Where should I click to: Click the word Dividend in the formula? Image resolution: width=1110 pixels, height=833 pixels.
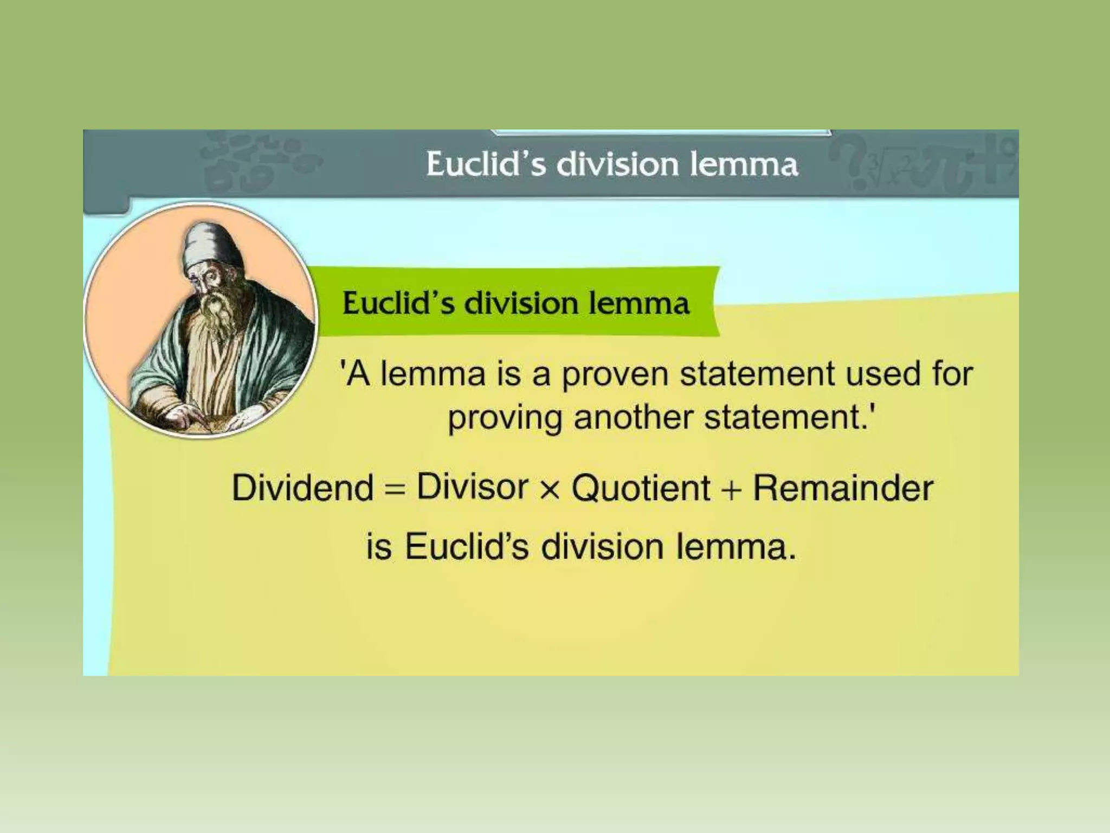pos(302,488)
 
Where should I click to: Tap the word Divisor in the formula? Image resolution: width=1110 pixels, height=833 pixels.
pos(472,486)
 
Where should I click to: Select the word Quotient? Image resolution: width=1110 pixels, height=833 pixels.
pos(641,488)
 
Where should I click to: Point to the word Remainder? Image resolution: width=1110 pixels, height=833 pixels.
pos(843,488)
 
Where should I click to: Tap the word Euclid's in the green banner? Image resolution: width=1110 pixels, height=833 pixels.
pos(398,303)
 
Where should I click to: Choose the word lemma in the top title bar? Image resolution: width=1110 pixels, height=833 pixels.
pos(744,164)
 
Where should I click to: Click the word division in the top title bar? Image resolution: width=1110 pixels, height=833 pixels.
pos(618,164)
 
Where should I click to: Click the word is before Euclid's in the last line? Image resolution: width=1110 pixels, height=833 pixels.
pos(378,547)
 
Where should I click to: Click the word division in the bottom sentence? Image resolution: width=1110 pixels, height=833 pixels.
pos(602,547)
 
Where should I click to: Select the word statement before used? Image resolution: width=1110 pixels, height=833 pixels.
pos(757,374)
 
